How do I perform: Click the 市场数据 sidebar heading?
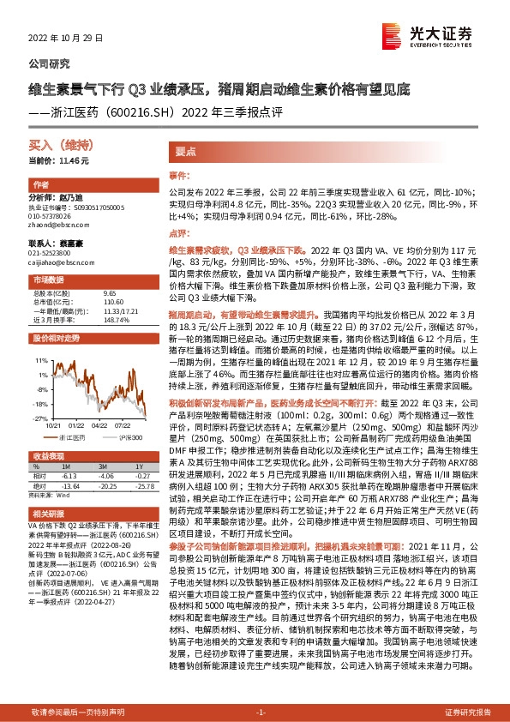coord(48,280)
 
